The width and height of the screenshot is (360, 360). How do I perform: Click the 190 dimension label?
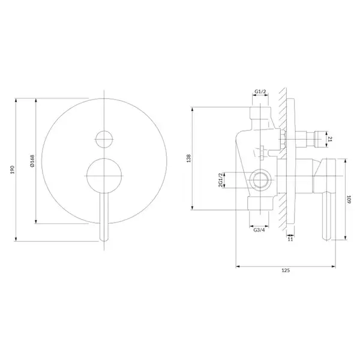13,170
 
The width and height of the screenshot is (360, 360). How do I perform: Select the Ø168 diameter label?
32,161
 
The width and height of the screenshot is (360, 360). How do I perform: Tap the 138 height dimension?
189,158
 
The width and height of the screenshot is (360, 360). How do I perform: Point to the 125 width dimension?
286,271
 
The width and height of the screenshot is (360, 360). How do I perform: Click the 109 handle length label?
349,199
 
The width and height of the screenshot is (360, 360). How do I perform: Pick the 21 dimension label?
330,139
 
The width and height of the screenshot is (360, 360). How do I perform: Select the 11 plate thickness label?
290,239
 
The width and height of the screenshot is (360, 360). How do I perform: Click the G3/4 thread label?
259,230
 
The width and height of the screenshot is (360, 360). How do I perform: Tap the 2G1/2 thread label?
221,180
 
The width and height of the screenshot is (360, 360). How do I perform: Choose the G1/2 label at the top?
260,92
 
